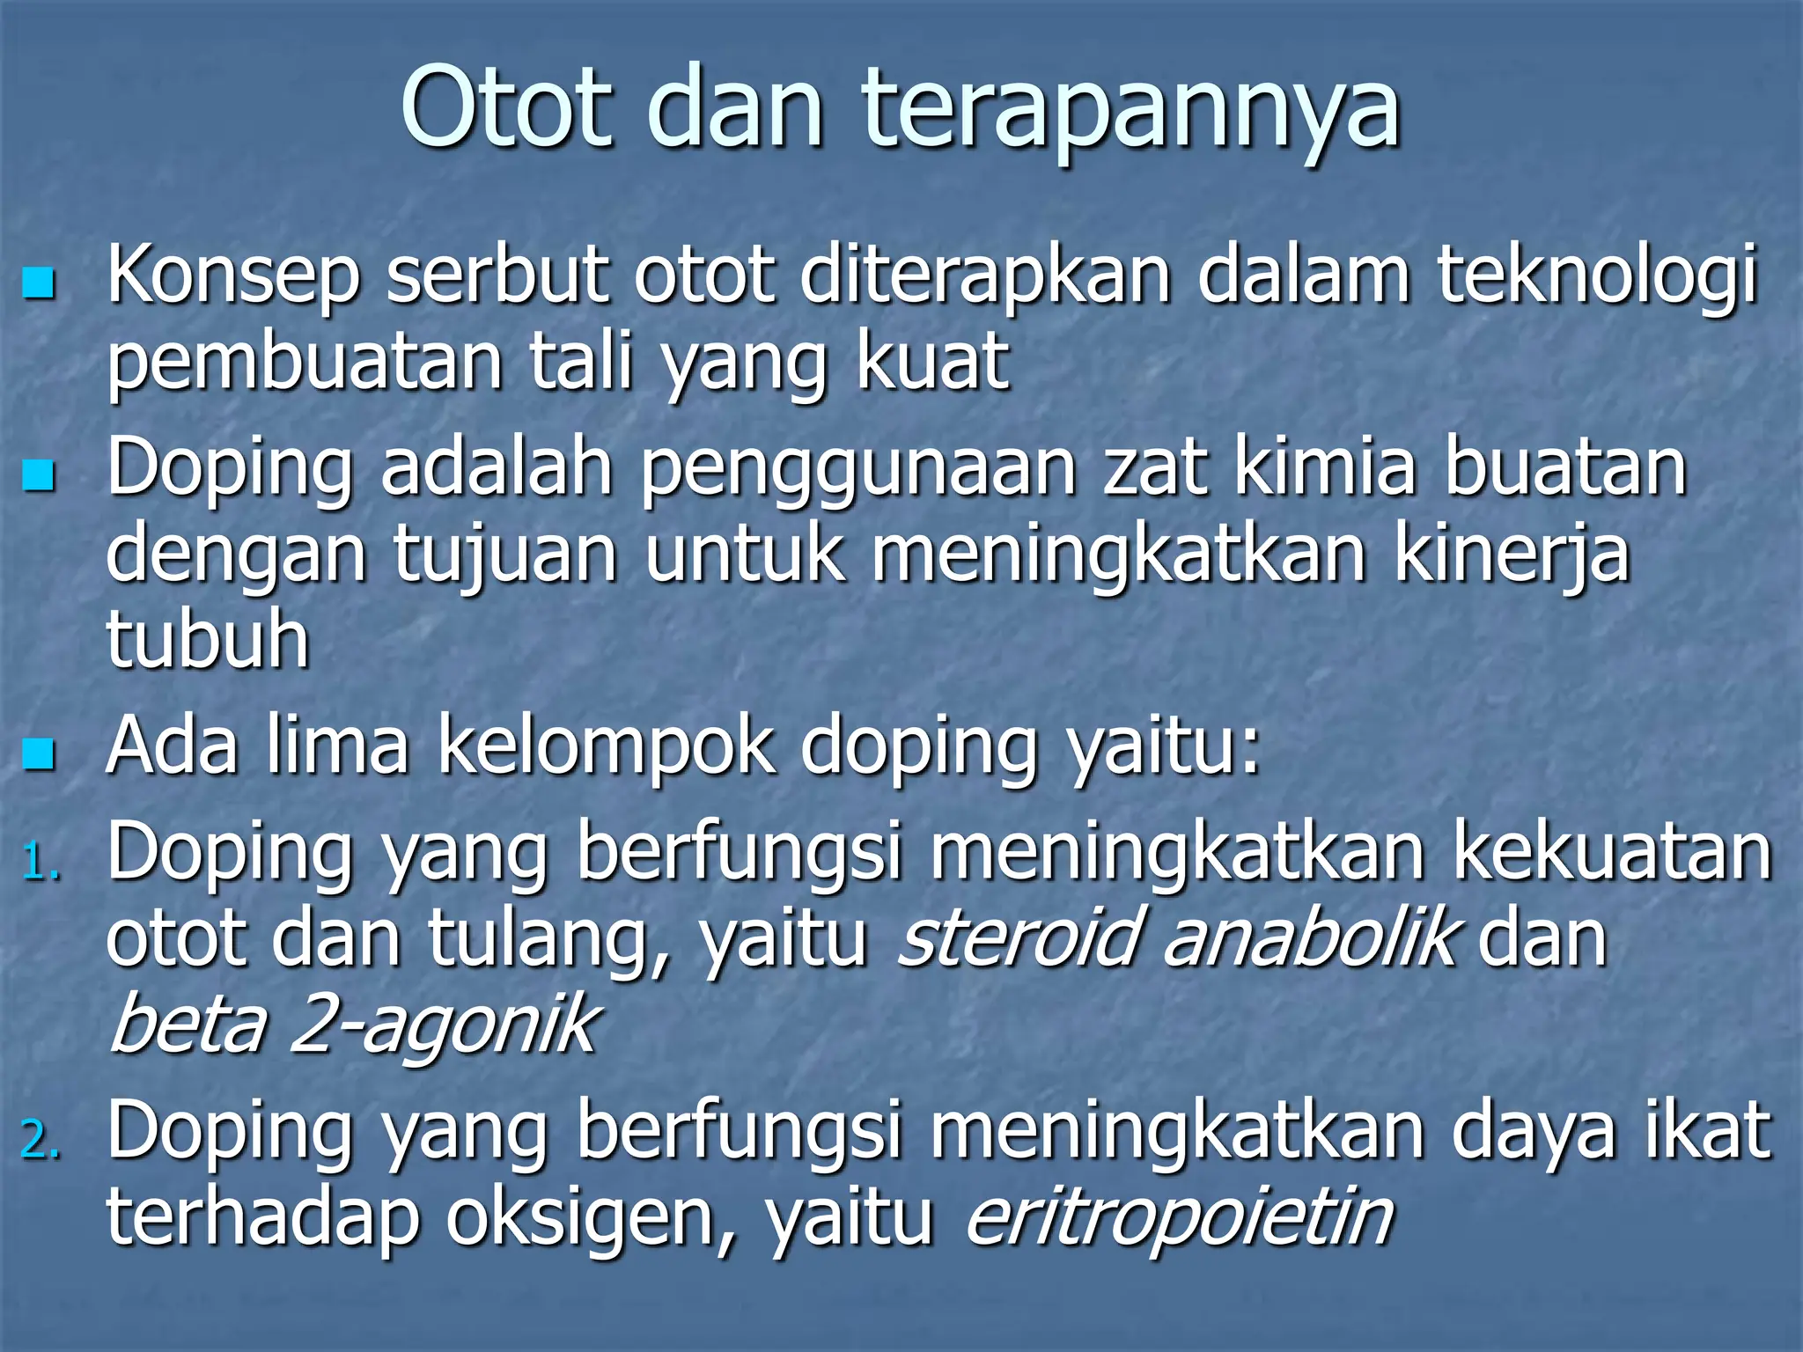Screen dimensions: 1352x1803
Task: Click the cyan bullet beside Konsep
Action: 39,283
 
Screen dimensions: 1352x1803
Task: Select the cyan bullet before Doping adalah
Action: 39,475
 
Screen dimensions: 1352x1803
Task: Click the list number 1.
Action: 40,863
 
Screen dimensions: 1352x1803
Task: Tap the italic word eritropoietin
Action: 1180,1218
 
